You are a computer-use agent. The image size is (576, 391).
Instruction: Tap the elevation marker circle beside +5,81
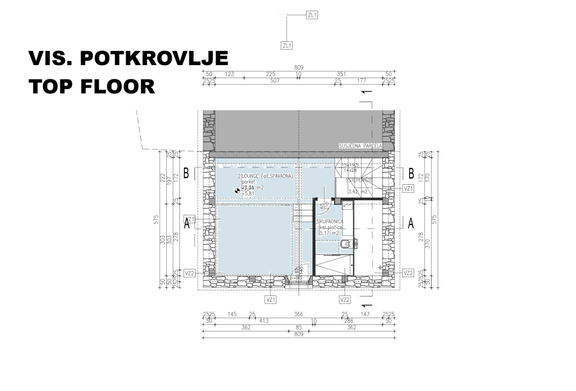237,191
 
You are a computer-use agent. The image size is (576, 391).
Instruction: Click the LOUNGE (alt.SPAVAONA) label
266,176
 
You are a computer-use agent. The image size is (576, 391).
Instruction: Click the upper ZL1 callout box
312,15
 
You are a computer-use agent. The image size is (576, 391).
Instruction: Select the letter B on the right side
411,174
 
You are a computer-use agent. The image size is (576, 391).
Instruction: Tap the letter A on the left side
187,224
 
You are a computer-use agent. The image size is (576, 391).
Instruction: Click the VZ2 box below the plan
345,300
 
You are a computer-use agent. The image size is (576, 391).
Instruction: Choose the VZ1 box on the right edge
408,188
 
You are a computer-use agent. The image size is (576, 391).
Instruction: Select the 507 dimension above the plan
275,81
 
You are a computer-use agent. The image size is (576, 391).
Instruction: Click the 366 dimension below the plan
298,314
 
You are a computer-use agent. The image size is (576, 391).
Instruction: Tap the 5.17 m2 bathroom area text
329,233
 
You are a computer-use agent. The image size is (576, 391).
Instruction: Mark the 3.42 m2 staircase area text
358,192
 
